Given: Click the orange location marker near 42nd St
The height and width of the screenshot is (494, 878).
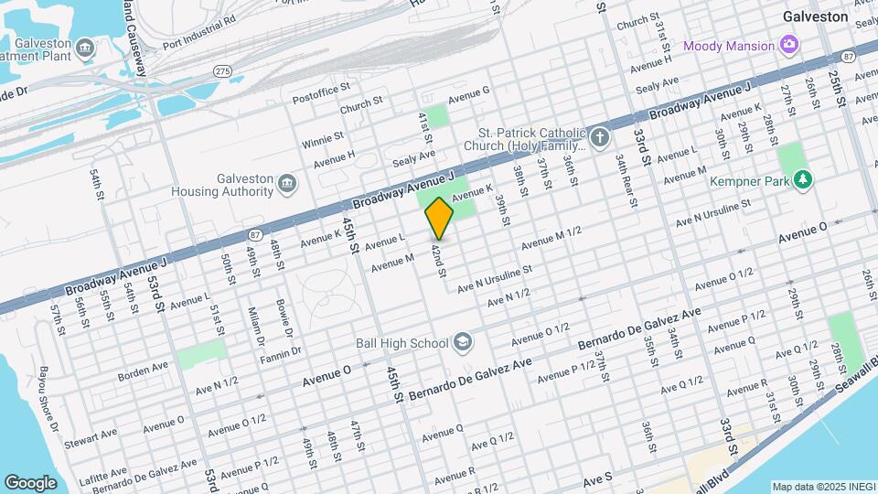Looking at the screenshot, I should (x=439, y=218).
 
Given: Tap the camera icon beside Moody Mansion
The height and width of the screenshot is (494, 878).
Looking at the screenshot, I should (x=787, y=45).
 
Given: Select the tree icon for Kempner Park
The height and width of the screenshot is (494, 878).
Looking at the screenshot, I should (x=803, y=180).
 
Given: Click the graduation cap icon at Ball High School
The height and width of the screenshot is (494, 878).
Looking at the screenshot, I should (x=463, y=342).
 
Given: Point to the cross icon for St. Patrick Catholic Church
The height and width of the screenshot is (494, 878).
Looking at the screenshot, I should (x=599, y=138).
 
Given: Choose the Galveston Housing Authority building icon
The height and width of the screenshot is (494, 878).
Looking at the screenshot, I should (x=287, y=185).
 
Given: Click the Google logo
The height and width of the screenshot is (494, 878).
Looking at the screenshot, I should (x=30, y=482).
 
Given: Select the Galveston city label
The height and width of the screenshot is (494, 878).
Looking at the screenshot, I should (x=816, y=16).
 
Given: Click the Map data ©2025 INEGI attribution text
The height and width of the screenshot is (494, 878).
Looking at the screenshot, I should (x=820, y=486).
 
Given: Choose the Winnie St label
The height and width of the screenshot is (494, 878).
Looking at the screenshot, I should (x=322, y=138).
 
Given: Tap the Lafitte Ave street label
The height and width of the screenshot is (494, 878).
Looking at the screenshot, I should (x=102, y=473).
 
